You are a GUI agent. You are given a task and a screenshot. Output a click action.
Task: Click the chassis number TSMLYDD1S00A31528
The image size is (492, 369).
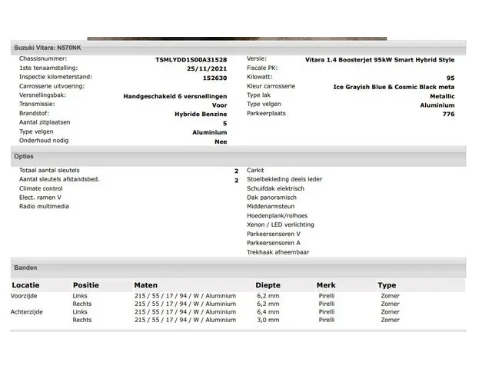tap(191, 60)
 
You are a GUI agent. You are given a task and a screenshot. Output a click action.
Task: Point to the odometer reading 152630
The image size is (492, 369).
tap(214, 78)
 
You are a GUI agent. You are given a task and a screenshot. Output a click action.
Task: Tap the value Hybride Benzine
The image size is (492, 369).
tap(201, 114)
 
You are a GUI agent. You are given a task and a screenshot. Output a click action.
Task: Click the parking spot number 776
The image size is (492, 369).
tap(448, 114)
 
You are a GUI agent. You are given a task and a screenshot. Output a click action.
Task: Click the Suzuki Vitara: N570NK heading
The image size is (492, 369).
tap(46, 48)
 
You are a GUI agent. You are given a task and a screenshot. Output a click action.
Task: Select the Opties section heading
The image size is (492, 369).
tap(24, 156)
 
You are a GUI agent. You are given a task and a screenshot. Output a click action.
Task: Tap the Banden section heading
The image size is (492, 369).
tap(25, 268)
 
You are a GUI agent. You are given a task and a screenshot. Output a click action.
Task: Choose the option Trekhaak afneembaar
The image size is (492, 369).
tap(278, 252)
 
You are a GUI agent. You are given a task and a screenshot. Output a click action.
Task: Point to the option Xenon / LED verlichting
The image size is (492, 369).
tap(280, 224)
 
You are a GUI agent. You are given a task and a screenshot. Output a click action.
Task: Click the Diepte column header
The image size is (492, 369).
tap(268, 285)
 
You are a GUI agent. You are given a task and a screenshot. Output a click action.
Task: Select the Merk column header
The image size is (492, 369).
tap(326, 285)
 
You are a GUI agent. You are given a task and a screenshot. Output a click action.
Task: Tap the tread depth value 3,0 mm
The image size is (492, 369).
tap(268, 320)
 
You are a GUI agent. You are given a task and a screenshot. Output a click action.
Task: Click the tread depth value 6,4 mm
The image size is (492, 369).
tap(268, 312)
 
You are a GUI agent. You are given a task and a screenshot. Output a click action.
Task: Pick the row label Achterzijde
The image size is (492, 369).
tap(28, 312)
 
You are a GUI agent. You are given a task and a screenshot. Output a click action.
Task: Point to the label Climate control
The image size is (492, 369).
tap(41, 188)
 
